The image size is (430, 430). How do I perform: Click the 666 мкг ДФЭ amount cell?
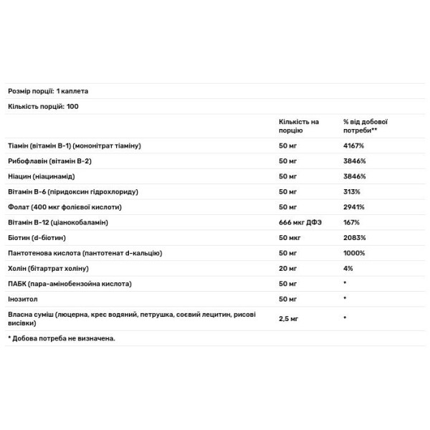tap(301, 222)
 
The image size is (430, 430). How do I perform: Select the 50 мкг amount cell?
tap(289, 237)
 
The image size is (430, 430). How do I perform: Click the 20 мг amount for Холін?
tap(287, 268)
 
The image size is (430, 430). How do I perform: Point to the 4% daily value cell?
tap(348, 268)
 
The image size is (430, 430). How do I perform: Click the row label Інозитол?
tap(23, 298)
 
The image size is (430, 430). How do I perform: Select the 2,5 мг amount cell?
tap(289, 317)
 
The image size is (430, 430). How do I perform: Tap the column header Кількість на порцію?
tap(299, 126)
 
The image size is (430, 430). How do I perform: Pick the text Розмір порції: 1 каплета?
tap(48, 91)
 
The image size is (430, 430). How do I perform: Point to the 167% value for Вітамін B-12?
tap(351, 222)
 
